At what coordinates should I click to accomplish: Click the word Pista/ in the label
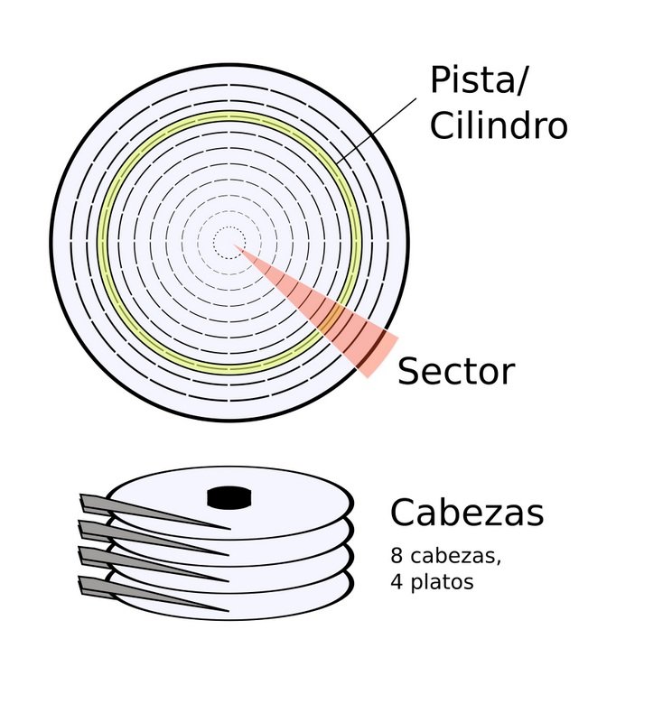480,81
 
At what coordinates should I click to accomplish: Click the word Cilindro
498,125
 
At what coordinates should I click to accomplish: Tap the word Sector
455,371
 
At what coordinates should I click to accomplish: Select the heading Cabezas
466,513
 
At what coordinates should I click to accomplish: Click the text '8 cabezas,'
445,556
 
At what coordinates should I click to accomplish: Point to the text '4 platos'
432,582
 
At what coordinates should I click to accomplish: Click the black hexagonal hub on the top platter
228,495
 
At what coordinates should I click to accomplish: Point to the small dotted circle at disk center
228,242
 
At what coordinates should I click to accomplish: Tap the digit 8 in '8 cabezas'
397,556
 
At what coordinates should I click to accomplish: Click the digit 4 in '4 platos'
397,582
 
